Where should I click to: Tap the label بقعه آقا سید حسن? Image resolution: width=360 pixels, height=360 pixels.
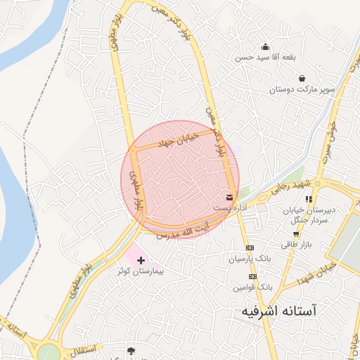tap(265, 57)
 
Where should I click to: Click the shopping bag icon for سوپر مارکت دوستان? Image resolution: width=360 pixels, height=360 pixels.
tap(302, 78)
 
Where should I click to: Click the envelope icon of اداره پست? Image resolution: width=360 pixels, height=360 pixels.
tap(230, 197)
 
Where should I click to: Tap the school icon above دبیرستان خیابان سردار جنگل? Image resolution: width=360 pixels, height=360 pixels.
tap(308, 199)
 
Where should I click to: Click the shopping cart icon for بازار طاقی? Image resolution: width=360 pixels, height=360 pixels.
tap(296, 234)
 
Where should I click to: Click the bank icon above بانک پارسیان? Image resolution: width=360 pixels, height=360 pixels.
tap(250, 248)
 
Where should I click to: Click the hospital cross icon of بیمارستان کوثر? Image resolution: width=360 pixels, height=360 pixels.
tap(141, 260)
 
